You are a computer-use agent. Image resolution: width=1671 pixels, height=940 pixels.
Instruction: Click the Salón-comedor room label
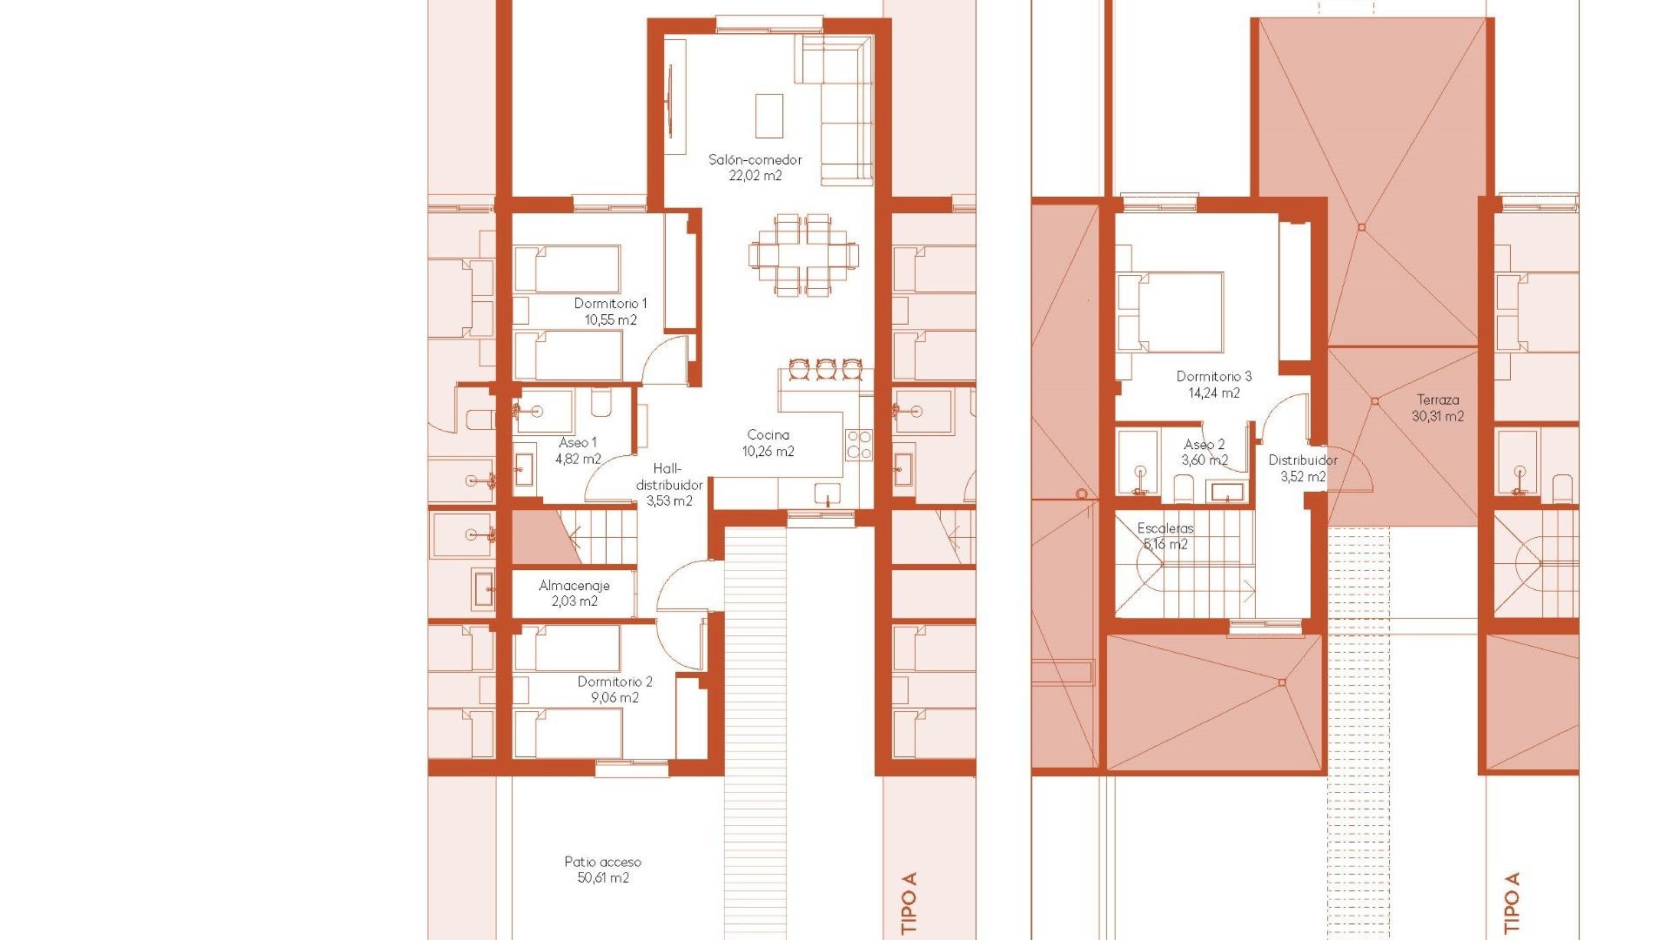755,160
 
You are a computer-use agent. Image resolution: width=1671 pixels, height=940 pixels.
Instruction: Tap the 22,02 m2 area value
755,176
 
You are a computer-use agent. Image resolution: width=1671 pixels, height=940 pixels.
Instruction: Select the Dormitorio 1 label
610,304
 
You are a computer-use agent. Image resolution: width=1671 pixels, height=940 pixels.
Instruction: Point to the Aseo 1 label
578,443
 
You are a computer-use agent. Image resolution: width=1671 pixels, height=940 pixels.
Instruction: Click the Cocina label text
768,435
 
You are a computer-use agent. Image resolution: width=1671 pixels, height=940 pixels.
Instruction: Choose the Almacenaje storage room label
574,586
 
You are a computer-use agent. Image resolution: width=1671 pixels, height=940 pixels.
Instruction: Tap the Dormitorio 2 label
614,681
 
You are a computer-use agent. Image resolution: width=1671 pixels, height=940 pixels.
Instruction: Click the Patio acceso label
602,862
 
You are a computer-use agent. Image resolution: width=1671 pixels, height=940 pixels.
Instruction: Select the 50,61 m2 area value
602,877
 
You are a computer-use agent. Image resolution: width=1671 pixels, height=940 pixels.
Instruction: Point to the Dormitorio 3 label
1213,377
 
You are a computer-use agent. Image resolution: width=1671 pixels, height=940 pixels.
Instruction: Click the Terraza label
1437,400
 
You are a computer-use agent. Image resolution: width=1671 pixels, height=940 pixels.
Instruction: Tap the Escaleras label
1165,528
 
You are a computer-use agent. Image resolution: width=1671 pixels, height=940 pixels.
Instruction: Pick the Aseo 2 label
1204,445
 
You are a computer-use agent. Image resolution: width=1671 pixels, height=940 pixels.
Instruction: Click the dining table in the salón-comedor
803,254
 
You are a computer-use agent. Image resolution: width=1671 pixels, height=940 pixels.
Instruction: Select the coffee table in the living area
768,115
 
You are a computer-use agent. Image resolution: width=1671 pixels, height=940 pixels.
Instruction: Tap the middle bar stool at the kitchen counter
825,369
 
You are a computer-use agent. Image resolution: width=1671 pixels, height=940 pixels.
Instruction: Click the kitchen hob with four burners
858,445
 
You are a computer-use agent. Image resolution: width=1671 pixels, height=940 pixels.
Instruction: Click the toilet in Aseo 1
601,404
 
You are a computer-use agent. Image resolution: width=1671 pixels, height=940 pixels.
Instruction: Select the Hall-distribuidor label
669,476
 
